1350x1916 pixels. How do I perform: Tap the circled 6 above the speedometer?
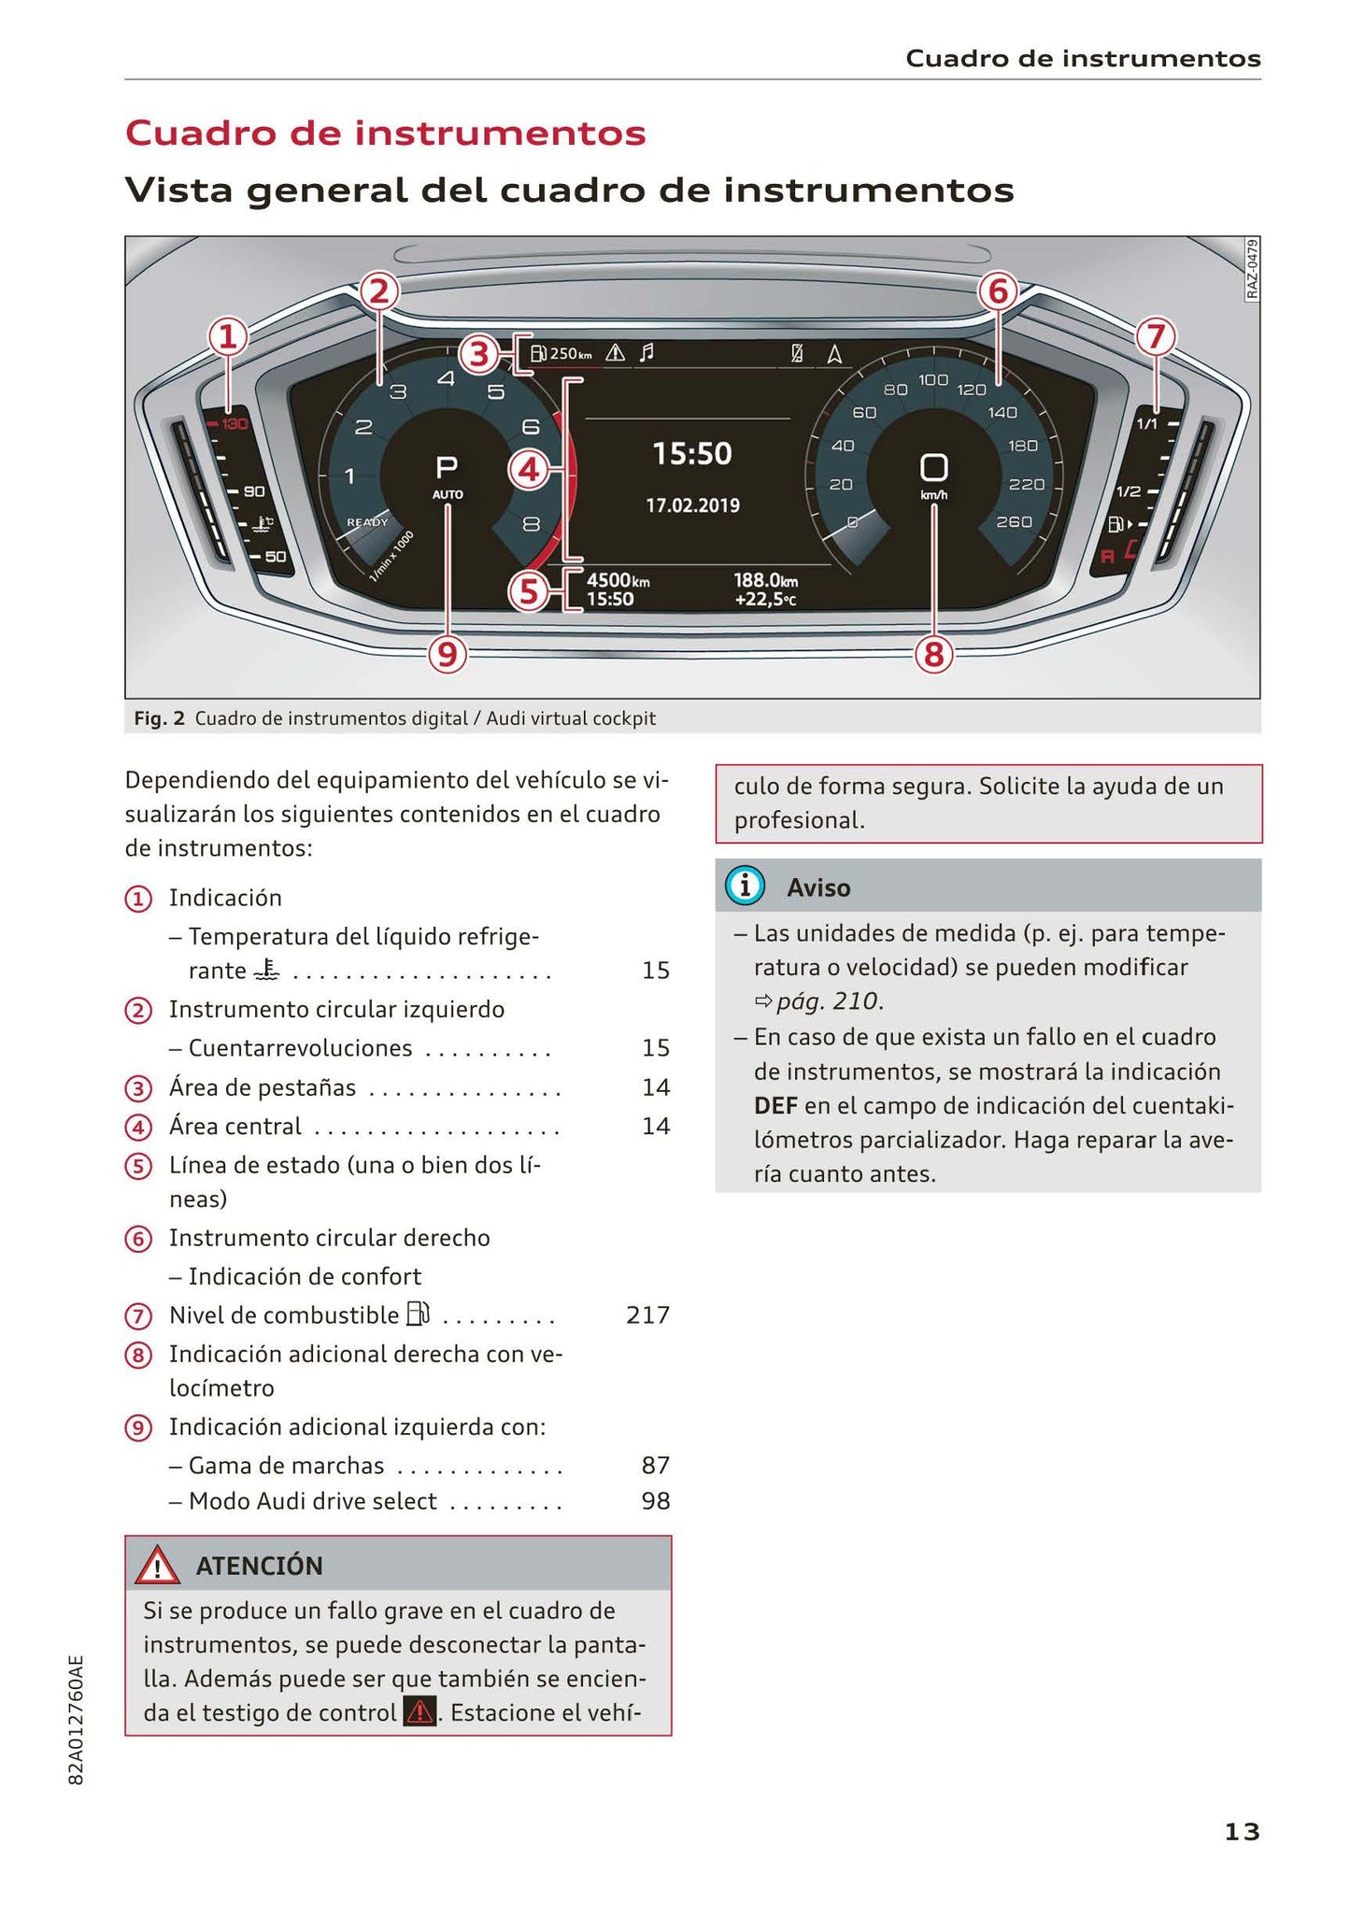(997, 292)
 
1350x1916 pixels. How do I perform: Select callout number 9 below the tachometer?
(448, 655)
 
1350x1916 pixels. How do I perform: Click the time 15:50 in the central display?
(691, 455)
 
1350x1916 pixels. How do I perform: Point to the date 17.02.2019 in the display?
(692, 505)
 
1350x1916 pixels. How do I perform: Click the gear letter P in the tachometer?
(447, 467)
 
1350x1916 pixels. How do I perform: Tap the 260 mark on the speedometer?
(1014, 522)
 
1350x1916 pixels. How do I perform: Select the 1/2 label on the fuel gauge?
(1128, 491)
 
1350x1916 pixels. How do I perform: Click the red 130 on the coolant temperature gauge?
(233, 425)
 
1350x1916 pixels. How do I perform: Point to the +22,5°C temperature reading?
(765, 600)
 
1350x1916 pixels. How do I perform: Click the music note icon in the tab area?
(646, 353)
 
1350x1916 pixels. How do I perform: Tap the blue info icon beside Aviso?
(745, 886)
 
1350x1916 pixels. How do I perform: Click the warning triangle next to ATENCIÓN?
(157, 1566)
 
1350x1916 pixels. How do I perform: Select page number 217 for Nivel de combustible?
(647, 1315)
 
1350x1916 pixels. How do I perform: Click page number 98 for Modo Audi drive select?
(656, 1501)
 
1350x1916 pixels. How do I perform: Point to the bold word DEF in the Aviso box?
(775, 1106)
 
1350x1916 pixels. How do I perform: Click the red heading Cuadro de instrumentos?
(385, 133)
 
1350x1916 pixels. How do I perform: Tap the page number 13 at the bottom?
(1242, 1832)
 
